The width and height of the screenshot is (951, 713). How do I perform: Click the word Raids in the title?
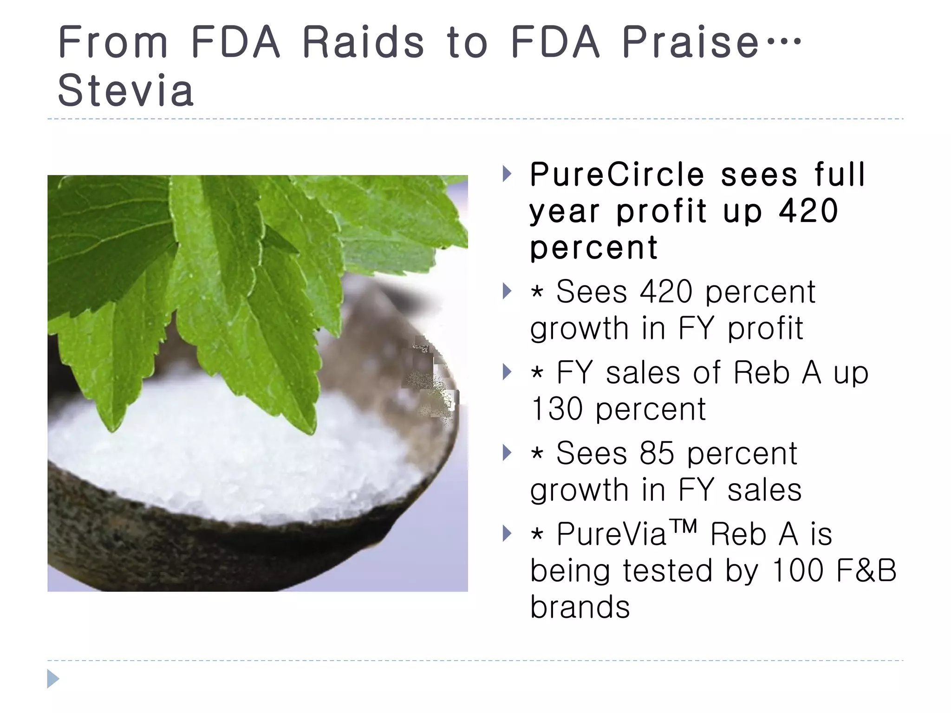(363, 42)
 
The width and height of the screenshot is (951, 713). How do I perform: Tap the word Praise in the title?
(690, 42)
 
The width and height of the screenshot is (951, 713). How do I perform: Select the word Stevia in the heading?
(125, 91)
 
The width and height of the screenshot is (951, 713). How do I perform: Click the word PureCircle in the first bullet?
(617, 175)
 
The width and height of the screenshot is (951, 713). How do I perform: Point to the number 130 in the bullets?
(556, 409)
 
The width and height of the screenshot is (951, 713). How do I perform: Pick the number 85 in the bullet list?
(657, 453)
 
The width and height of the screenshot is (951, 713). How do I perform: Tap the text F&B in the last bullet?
(866, 570)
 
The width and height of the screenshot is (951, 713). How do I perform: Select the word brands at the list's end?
(580, 607)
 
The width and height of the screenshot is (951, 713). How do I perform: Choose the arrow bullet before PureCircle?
(507, 174)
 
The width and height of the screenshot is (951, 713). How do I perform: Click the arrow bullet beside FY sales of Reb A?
(507, 372)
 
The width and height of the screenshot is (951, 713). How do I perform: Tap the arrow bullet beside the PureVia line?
(507, 533)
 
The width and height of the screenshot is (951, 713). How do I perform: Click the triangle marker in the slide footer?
(53, 679)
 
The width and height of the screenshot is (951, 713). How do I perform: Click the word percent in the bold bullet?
(594, 248)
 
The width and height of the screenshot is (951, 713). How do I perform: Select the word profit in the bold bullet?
(662, 211)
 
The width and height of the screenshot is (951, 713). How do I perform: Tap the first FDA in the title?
(235, 42)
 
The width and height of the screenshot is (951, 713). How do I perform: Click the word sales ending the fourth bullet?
(764, 490)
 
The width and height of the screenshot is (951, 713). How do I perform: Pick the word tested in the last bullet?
(667, 570)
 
